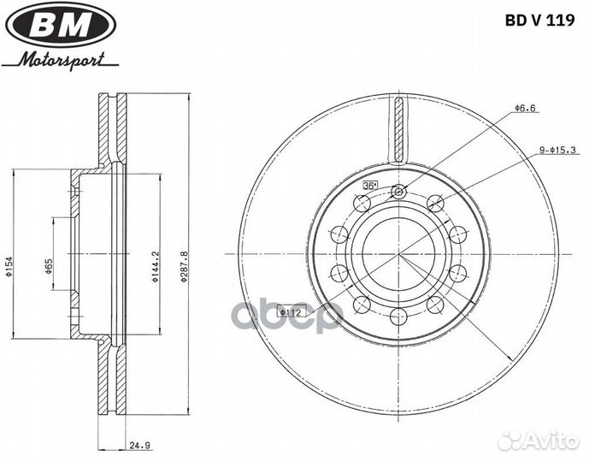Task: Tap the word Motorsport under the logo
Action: click(62, 60)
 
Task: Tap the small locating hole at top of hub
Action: click(398, 192)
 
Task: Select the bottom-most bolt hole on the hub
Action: click(398, 317)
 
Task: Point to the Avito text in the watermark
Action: click(552, 440)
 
